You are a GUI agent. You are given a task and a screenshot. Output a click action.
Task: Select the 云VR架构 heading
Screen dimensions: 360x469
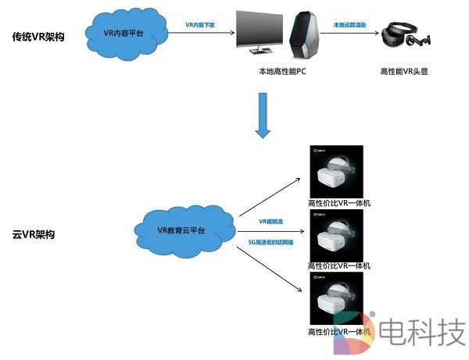tap(34, 234)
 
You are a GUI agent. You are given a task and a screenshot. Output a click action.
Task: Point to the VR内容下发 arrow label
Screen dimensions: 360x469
tap(201, 25)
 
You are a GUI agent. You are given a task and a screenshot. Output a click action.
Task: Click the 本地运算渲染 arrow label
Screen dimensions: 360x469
tap(347, 25)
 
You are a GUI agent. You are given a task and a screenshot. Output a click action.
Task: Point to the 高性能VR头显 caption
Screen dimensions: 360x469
tap(404, 72)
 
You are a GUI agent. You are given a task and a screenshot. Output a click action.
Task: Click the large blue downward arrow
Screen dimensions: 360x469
tap(263, 116)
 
